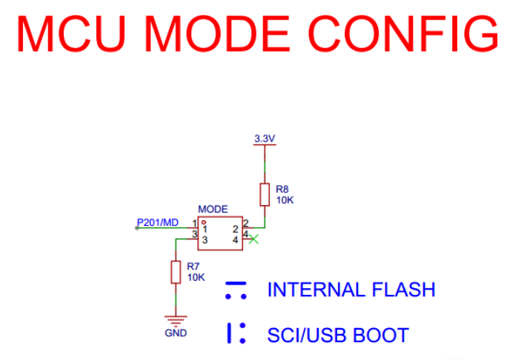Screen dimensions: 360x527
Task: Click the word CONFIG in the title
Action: coord(403,33)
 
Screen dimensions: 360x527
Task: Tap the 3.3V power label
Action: coord(265,139)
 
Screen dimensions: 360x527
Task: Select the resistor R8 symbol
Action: coord(265,194)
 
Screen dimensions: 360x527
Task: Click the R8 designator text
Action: coord(282,189)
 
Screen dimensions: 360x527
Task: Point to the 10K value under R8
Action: coord(285,199)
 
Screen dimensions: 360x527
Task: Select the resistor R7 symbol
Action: coord(176,272)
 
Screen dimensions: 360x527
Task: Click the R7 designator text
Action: coord(193,266)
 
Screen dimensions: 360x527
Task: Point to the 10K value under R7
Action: coord(196,277)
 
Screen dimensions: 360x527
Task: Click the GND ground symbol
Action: coord(176,320)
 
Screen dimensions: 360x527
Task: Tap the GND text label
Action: coord(176,333)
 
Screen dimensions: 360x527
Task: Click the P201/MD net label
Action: coord(157,222)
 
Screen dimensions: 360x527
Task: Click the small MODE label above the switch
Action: coord(213,210)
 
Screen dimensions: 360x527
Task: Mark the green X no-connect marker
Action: coord(254,239)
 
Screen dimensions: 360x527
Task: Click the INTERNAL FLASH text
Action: coord(351,290)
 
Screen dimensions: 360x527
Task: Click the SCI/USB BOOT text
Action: coord(338,335)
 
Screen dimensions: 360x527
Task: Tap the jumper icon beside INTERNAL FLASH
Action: coord(236,290)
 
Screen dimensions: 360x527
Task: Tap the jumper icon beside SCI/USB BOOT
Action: coord(236,334)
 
